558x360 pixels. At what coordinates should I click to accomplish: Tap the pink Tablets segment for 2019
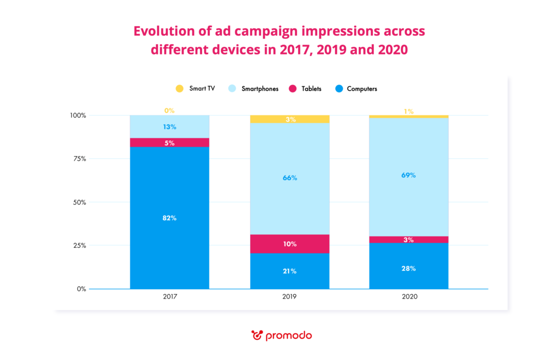coord(289,244)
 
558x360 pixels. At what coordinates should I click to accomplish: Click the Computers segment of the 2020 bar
coord(409,272)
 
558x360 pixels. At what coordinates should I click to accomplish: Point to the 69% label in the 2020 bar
coord(409,175)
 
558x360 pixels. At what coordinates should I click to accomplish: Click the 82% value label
coord(169,218)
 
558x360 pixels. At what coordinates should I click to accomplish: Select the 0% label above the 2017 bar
coord(169,111)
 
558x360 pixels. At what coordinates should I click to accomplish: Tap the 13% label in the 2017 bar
coord(169,127)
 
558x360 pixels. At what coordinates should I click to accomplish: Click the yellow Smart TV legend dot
coord(179,88)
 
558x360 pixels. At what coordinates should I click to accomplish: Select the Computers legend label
coord(362,88)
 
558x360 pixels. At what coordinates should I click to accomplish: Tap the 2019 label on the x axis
coord(289,298)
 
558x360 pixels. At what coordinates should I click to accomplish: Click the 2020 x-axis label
coord(409,298)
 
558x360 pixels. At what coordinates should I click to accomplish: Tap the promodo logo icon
coord(257,335)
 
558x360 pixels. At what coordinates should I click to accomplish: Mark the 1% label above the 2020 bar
coord(409,112)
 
